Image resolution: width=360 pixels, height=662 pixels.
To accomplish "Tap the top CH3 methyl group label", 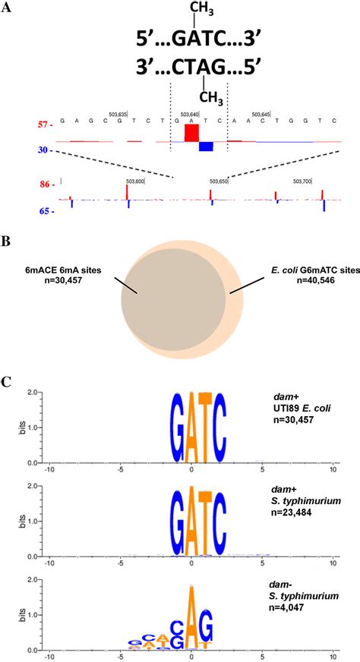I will coord(201,10).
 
